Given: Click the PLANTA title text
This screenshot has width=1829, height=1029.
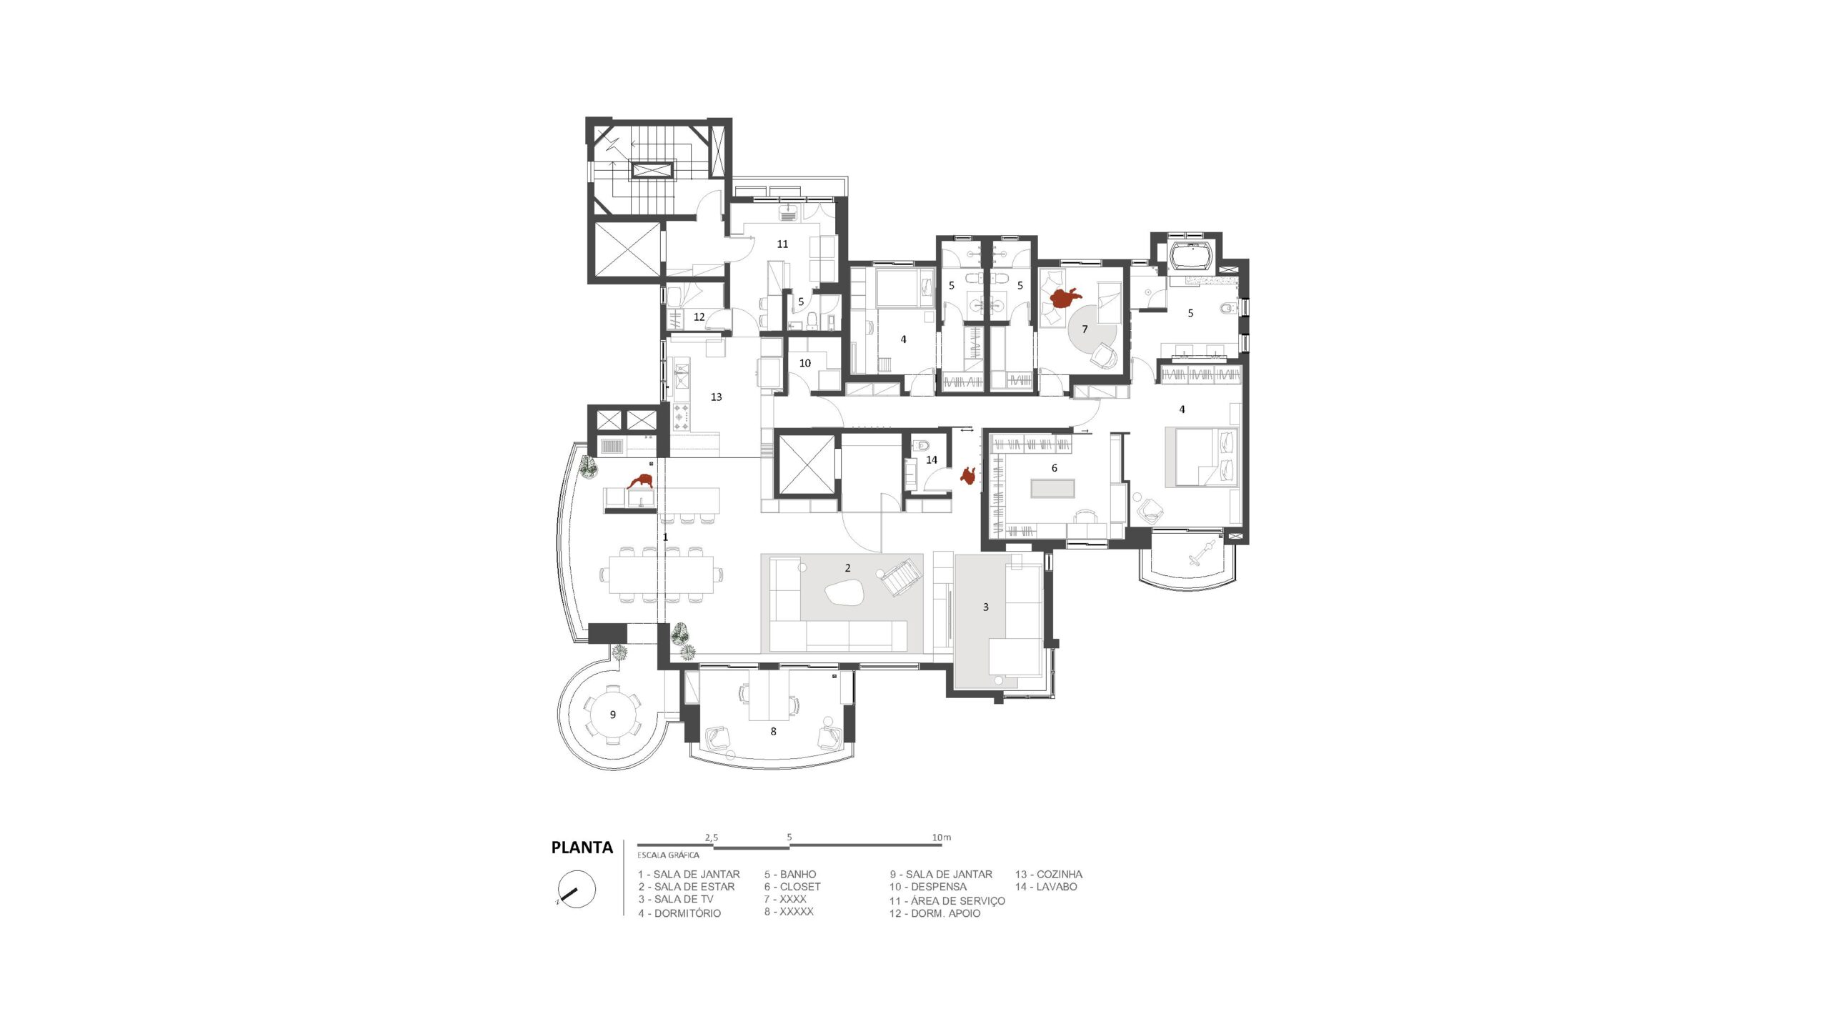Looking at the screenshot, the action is (x=582, y=847).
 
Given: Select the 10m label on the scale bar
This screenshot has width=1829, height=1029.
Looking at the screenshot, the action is (x=941, y=837).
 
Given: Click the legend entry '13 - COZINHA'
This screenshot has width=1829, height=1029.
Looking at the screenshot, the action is (x=1048, y=874).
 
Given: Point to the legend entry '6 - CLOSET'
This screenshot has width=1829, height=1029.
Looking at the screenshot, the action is (x=792, y=887).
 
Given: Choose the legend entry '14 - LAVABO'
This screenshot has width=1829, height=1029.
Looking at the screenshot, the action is (x=1046, y=887).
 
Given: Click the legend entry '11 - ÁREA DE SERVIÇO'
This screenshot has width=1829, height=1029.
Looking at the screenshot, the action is (x=947, y=901).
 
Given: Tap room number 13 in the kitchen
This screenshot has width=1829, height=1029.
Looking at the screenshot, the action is (x=716, y=397).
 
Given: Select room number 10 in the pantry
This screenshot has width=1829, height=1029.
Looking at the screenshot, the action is (x=805, y=363).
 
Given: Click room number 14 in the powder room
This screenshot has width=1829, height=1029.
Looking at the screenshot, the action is (x=932, y=460).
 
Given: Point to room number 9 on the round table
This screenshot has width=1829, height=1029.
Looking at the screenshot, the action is (x=612, y=715).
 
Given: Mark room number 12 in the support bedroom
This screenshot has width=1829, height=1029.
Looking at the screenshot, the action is (x=699, y=317).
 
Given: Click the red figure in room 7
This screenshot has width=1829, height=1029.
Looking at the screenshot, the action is (x=1064, y=297).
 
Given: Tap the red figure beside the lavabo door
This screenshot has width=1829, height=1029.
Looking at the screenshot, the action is (x=969, y=476).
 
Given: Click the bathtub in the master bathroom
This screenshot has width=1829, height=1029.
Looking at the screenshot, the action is (x=1189, y=257).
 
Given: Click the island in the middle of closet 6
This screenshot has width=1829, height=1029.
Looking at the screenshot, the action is (x=1052, y=489).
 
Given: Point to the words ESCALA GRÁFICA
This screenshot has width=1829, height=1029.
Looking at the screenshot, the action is (x=668, y=855).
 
